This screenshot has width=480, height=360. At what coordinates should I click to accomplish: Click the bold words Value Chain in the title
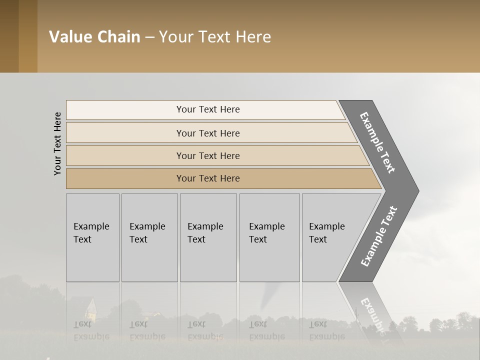(94, 37)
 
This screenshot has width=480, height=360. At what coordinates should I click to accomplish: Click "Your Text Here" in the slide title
(215, 37)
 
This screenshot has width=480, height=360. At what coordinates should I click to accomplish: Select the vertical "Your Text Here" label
(57, 143)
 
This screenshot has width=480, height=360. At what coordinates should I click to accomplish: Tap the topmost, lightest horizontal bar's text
(208, 109)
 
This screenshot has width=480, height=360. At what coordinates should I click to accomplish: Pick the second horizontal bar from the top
(208, 133)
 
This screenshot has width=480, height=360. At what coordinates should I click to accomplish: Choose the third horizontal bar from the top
(208, 155)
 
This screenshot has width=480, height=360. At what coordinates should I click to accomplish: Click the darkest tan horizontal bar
(208, 178)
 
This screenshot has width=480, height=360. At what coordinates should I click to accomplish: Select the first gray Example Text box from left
(92, 237)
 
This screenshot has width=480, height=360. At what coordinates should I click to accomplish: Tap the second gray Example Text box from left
(149, 237)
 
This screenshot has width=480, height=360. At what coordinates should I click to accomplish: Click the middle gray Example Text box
(208, 237)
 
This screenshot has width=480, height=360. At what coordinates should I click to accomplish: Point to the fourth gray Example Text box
(269, 237)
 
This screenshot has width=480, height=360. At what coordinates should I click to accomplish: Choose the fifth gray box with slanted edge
(330, 237)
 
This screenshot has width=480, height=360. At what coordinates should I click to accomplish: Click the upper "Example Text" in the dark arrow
(377, 142)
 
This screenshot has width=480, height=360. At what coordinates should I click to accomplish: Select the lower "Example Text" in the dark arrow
(378, 236)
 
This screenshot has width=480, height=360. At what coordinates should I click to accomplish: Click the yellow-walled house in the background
(90, 309)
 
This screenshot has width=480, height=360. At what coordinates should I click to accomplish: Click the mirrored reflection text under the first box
(91, 330)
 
